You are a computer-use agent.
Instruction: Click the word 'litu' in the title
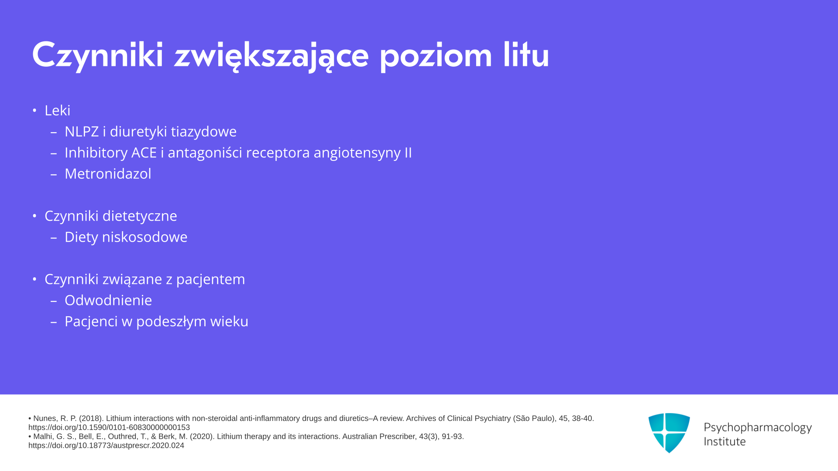click(x=526, y=55)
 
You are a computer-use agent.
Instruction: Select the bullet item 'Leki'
click(x=57, y=110)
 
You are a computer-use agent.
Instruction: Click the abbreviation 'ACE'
click(x=144, y=153)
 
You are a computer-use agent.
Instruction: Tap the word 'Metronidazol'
click(x=108, y=174)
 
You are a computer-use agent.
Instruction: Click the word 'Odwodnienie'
click(x=108, y=300)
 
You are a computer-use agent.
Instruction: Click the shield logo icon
click(x=669, y=433)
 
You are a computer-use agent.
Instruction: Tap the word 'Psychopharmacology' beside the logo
click(x=758, y=428)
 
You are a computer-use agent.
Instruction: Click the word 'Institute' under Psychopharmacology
click(x=725, y=441)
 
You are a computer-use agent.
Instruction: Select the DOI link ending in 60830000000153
click(x=109, y=428)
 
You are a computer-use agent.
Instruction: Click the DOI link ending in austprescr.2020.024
click(x=106, y=446)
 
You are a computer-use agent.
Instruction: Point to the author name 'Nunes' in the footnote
click(x=45, y=419)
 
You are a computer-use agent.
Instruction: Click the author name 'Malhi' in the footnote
click(x=43, y=437)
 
